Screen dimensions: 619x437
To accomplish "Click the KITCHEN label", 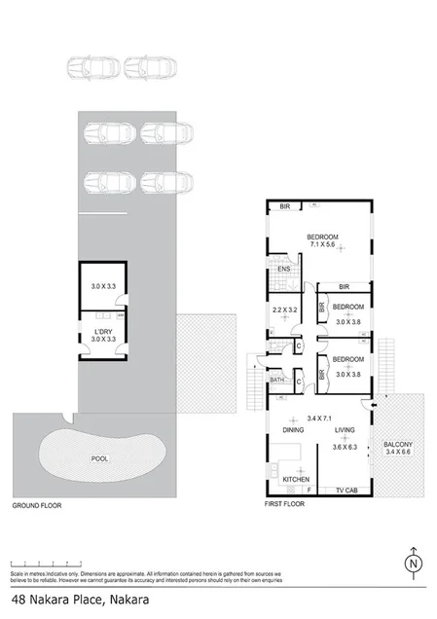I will pos(295,481).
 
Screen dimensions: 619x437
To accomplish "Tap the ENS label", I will pos(284,270).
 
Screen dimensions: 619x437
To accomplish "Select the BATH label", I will pos(276,380).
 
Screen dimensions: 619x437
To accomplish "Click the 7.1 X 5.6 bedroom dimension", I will pos(322,246).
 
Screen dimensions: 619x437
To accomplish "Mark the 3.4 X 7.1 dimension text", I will pos(321,418).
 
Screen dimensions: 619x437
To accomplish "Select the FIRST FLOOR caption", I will pos(286,507).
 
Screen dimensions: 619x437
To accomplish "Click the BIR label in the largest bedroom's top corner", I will pos(285,206).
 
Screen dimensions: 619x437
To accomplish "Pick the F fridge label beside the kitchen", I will pos(310,490).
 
